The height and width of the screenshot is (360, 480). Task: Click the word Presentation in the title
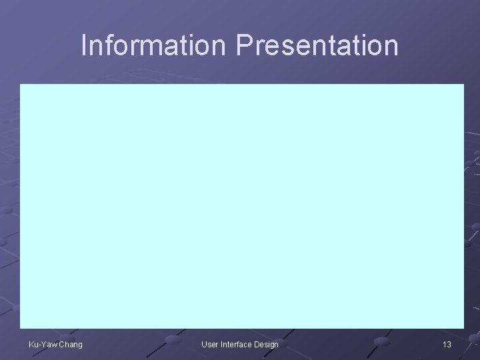[x=317, y=45]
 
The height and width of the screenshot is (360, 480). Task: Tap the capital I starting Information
[x=84, y=45]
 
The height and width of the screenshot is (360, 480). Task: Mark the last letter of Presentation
[x=391, y=45]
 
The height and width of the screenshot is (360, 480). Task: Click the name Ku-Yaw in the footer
[x=42, y=344]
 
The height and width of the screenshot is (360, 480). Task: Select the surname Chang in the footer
[x=70, y=344]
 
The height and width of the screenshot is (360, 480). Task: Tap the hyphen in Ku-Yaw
[x=39, y=345]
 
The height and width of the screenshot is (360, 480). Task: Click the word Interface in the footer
[x=237, y=344]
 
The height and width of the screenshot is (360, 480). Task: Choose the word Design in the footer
[x=267, y=344]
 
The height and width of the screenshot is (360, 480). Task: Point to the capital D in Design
[x=258, y=344]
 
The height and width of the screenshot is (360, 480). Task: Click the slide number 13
[x=447, y=344]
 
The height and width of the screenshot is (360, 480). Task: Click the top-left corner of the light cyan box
[x=20, y=85]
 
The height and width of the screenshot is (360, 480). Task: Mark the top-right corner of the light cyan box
[x=463, y=85]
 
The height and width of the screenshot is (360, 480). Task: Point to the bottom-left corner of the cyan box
[x=20, y=329]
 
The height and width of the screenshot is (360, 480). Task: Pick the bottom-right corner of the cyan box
[x=463, y=329]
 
